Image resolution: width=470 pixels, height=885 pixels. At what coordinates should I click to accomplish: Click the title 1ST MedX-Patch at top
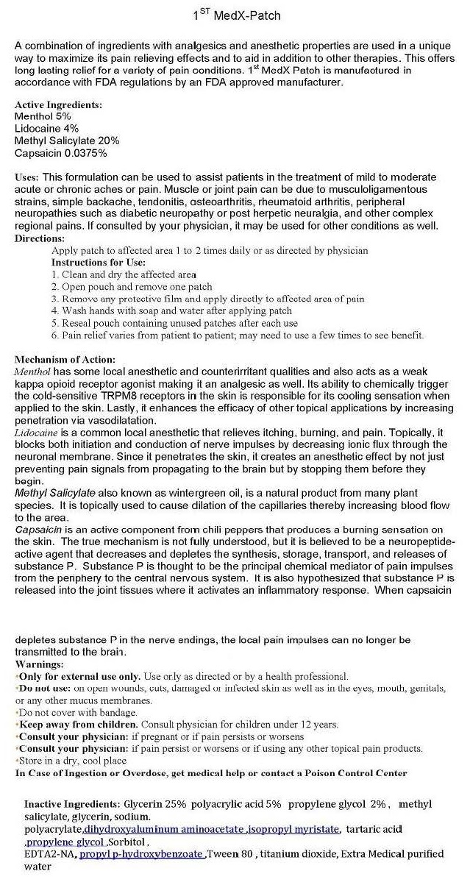(x=235, y=15)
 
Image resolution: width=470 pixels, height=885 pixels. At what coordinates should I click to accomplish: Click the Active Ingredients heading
(x=58, y=104)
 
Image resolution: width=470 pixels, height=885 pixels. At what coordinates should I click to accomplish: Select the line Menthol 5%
(x=43, y=116)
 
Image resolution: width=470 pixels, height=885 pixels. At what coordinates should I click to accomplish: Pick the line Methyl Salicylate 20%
(x=67, y=141)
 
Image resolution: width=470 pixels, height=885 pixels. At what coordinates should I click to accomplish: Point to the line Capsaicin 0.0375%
(x=61, y=153)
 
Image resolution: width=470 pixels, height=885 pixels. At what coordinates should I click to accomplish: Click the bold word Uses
(x=26, y=177)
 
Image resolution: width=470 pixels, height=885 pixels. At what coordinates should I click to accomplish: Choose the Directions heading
(x=40, y=238)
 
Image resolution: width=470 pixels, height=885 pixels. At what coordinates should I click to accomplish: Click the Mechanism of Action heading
(x=65, y=360)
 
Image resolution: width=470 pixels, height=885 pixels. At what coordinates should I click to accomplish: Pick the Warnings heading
(x=39, y=664)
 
